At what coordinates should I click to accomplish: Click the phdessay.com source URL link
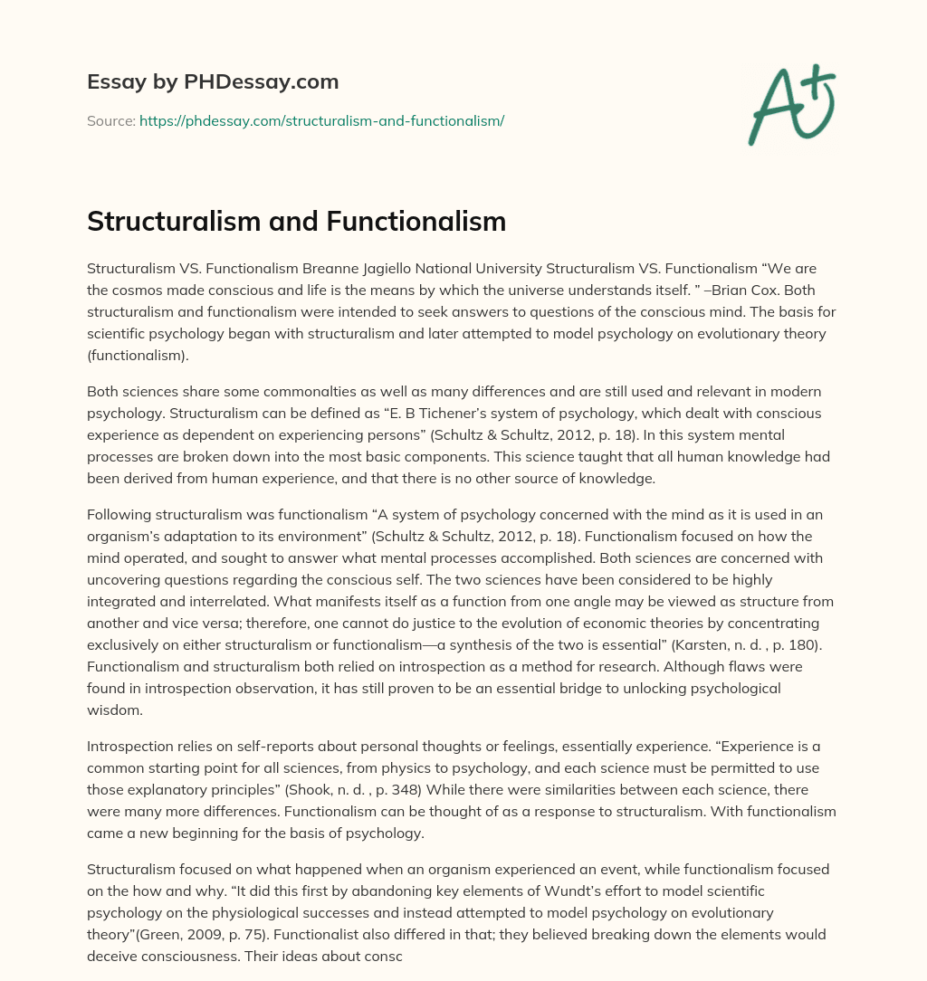pos(321,120)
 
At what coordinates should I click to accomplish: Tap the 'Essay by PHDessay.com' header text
pos(213,82)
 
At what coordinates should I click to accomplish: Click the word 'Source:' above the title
pos(110,120)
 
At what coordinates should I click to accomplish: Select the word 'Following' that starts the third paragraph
pos(119,515)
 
